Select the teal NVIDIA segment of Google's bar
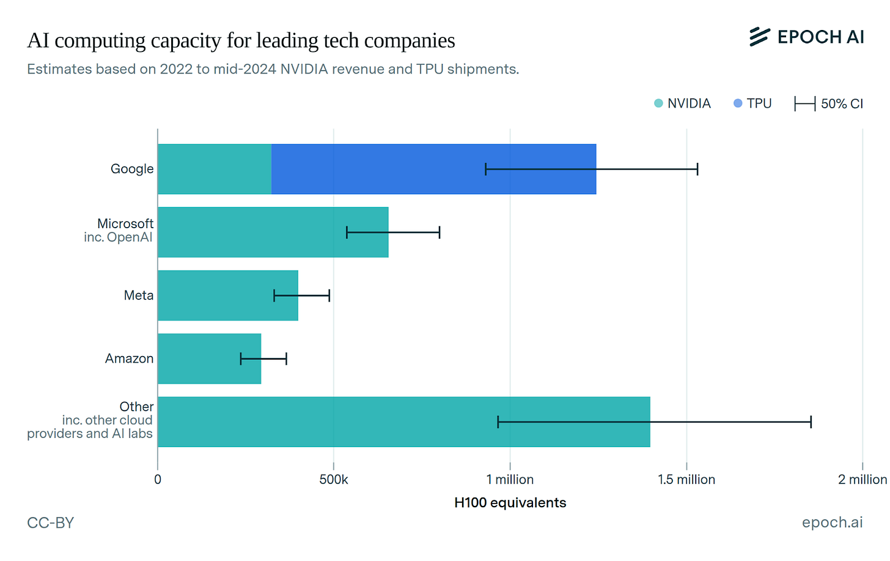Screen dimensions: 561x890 coord(215,169)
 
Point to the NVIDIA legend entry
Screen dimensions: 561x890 coord(683,103)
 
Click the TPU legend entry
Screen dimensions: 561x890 coord(753,103)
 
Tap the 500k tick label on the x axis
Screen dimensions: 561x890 coord(334,480)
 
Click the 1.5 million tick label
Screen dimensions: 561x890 coord(686,480)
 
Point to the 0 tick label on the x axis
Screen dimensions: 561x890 coord(158,480)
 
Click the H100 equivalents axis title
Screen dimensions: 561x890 coord(510,503)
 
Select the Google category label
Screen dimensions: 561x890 coord(132,169)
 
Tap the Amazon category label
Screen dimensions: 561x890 coord(129,359)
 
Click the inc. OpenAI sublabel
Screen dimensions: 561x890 coord(118,237)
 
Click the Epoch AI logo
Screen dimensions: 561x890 coord(806,37)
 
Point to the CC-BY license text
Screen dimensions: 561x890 coord(51,523)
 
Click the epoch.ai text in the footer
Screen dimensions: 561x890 coord(832,522)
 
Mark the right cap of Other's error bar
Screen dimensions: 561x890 coord(811,422)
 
